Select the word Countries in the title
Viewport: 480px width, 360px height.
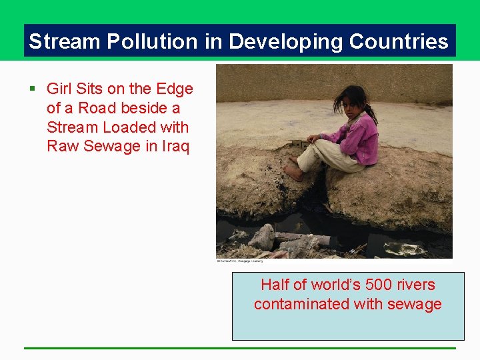[399, 42]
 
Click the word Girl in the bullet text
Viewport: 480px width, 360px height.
[59, 89]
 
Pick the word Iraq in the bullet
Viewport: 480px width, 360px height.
[176, 146]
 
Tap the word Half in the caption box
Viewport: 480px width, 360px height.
[275, 285]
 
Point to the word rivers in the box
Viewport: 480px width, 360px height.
[417, 285]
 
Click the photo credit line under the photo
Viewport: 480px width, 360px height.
[239, 261]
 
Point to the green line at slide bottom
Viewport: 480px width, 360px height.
[240, 348]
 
